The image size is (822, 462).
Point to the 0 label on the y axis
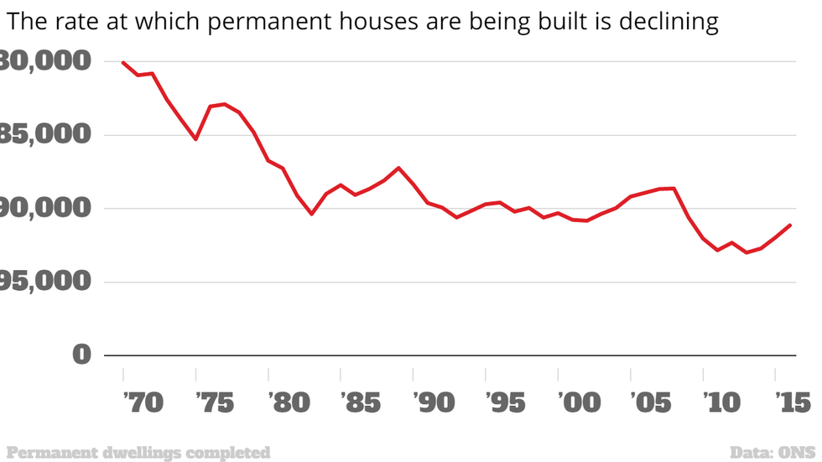(x=81, y=354)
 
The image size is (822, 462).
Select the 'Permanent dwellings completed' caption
(x=138, y=453)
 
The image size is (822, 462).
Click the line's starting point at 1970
(x=123, y=62)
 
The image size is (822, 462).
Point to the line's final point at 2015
(x=790, y=225)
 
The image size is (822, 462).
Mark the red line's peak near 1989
(x=398, y=168)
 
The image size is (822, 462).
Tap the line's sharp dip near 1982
(x=311, y=214)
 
